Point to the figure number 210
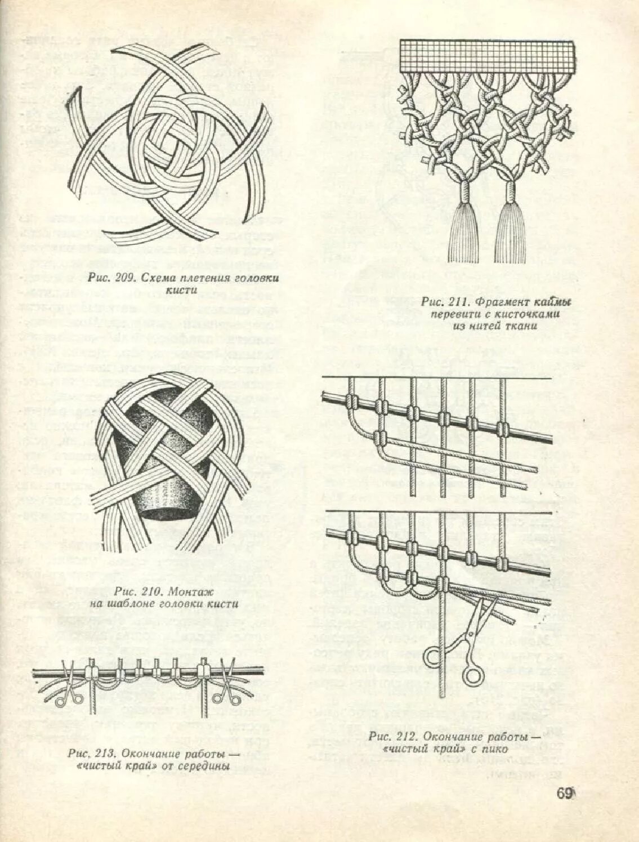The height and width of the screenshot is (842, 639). [x=149, y=591]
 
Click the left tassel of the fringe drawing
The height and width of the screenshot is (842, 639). [x=465, y=225]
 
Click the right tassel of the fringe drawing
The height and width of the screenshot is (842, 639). [x=511, y=225]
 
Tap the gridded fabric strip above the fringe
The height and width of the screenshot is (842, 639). [x=486, y=59]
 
